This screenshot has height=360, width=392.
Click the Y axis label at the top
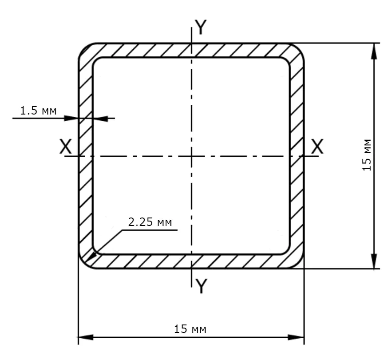click(201, 27)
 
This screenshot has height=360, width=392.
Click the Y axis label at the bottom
click(201, 286)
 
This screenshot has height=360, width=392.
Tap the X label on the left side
click(66, 146)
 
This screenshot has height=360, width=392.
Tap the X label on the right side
click(317, 146)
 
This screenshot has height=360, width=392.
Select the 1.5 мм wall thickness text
click(38, 111)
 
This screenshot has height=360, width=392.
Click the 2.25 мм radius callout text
click(150, 222)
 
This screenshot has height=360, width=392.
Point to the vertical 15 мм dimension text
click(367, 155)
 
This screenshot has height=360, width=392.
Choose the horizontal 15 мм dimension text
click(190, 329)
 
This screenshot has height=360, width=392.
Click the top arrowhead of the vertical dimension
click(374, 51)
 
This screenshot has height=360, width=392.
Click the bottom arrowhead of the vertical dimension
click(374, 261)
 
